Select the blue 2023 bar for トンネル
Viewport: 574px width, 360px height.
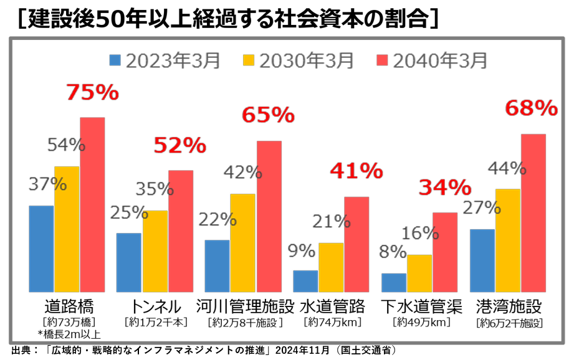128,262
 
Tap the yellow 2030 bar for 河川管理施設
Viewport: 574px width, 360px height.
242,242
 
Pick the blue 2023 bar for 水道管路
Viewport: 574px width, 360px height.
305,281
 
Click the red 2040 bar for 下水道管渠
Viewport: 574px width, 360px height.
445,252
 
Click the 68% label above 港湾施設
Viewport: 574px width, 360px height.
531,109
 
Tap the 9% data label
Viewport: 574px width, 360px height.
302,250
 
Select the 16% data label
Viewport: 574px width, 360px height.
421,233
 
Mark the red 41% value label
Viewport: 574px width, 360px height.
356,171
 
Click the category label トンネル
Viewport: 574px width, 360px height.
156,307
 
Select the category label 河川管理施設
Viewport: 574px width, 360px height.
244,307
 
